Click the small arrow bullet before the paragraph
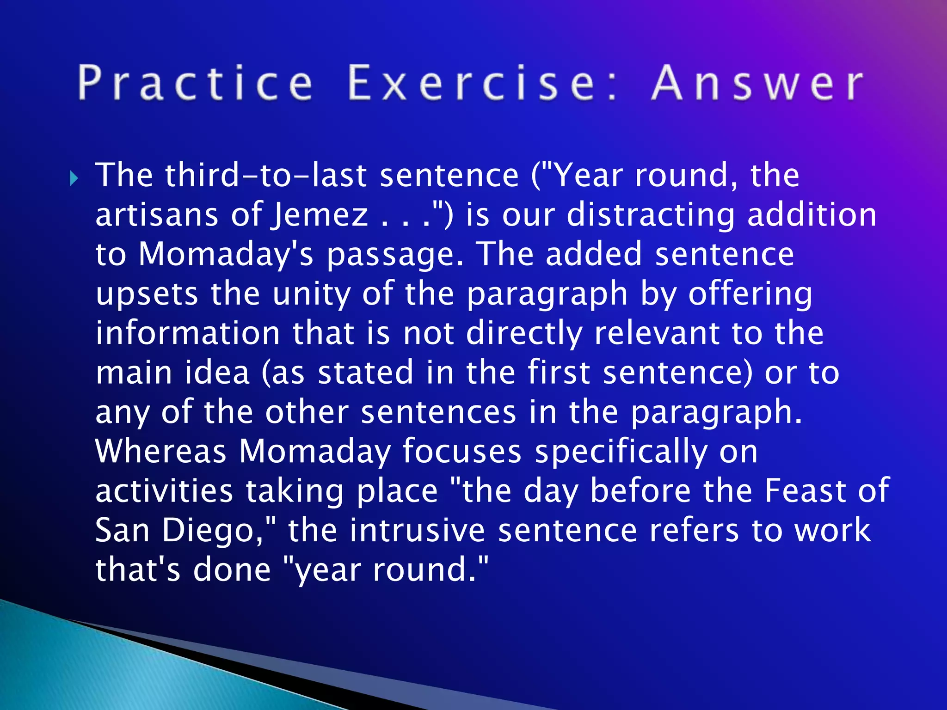(x=74, y=178)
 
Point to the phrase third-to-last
(x=266, y=176)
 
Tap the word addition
(x=812, y=215)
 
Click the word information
(x=188, y=333)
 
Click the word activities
(x=164, y=491)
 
